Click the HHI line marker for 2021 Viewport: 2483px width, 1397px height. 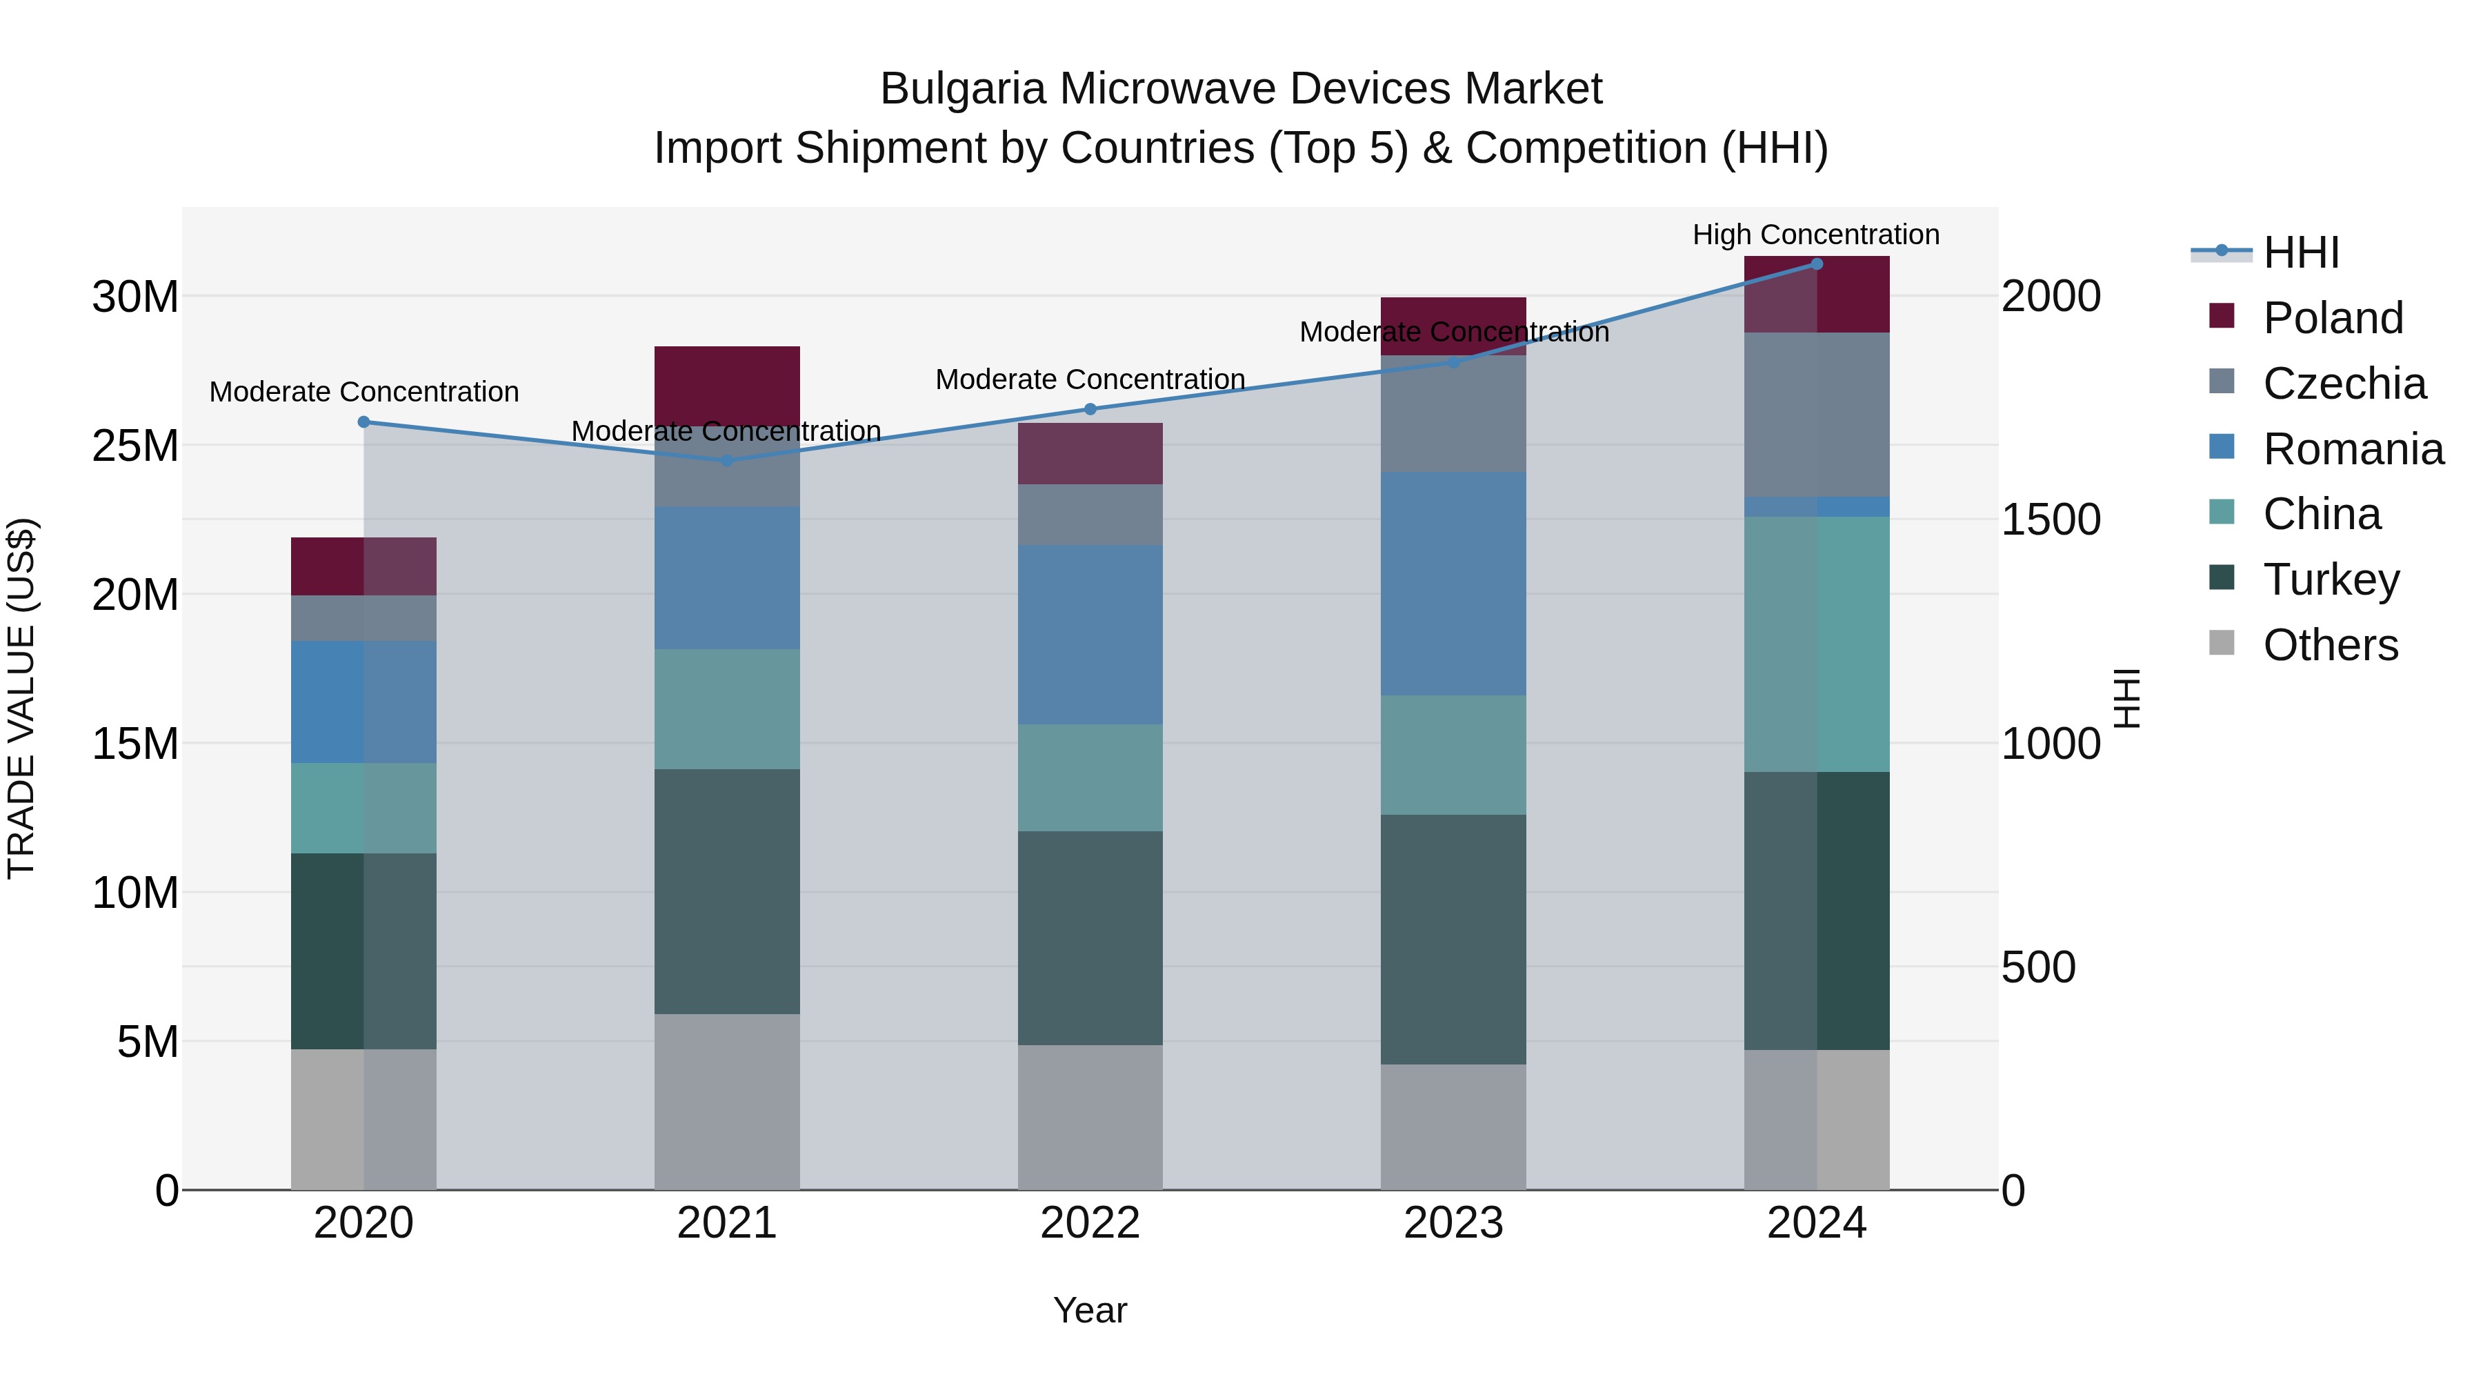click(x=727, y=461)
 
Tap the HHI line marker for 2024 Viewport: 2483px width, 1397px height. click(x=1816, y=264)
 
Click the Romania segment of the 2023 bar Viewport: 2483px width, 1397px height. click(x=1453, y=583)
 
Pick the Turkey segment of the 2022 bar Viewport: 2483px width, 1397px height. click(x=1090, y=938)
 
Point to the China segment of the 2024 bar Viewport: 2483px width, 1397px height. click(x=1816, y=644)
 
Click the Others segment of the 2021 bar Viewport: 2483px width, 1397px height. click(x=727, y=1101)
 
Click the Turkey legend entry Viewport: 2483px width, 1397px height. click(x=2330, y=579)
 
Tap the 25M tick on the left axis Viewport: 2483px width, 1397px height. click(x=135, y=446)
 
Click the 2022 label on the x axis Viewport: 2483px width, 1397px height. click(x=1090, y=1223)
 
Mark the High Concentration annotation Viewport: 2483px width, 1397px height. click(x=1815, y=235)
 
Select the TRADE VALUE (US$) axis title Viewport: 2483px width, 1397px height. click(x=21, y=698)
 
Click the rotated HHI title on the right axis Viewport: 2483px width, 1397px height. click(x=2126, y=698)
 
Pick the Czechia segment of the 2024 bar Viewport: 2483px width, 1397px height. click(x=1816, y=415)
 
